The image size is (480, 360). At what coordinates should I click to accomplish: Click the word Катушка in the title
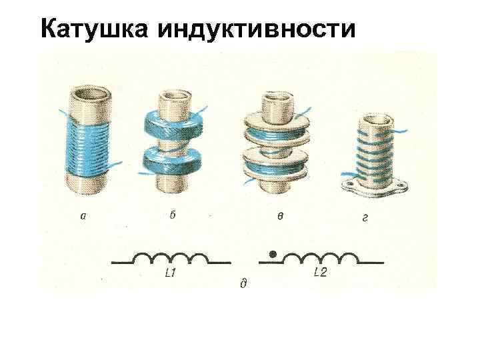94,29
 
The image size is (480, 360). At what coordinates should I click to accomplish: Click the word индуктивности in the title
257,29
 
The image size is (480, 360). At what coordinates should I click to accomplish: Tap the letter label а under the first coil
83,216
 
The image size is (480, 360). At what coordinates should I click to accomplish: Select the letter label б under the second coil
173,215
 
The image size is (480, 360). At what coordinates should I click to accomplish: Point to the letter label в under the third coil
280,216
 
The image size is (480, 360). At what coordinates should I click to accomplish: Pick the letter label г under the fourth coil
365,217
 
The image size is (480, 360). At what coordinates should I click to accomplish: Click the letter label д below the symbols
243,284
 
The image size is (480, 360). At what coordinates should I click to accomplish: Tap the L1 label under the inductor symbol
170,273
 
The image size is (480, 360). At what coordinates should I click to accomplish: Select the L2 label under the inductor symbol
321,272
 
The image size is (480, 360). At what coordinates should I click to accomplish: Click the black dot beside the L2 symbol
273,254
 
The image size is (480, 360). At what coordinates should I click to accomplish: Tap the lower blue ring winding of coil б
173,162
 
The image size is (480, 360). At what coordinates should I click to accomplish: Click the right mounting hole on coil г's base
400,185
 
